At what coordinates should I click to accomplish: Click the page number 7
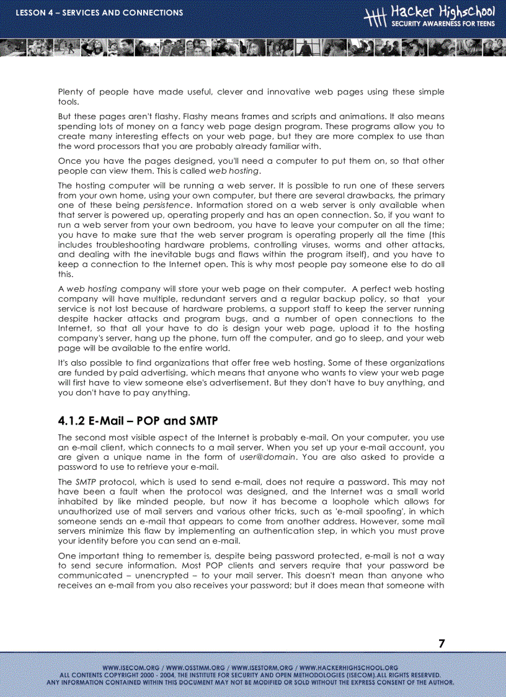[x=442, y=644]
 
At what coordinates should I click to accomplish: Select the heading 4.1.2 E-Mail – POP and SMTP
[x=138, y=421]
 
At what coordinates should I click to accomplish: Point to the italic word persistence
[x=167, y=205]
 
